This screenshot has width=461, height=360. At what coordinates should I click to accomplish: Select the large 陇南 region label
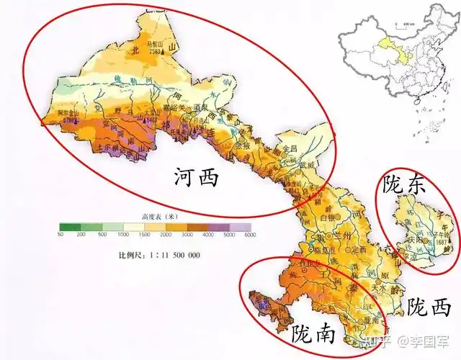(x=311, y=333)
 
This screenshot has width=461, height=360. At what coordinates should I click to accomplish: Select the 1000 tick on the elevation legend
(x=124, y=235)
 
